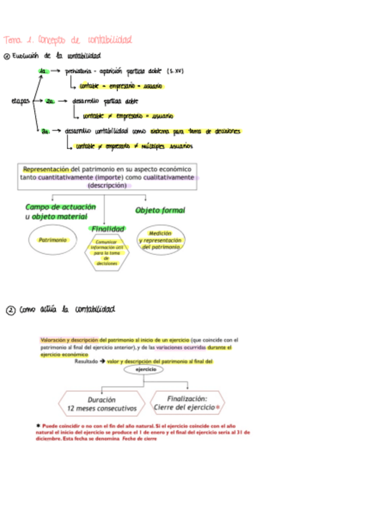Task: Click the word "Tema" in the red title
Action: [12, 40]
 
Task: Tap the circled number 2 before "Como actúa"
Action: [10, 310]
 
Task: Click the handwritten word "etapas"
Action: [21, 100]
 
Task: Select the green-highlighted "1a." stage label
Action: [43, 71]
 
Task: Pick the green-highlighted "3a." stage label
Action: [46, 131]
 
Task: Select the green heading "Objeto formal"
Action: [160, 210]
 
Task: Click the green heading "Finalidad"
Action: [107, 229]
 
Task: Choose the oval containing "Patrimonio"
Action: [52, 240]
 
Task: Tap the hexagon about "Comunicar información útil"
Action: [107, 252]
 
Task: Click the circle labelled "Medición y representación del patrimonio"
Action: [160, 240]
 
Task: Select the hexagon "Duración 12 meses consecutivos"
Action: [101, 405]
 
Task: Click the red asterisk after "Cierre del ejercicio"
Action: [218, 407]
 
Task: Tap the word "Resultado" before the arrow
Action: [86, 361]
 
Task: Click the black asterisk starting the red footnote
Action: [38, 425]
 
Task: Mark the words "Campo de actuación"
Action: [60, 207]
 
